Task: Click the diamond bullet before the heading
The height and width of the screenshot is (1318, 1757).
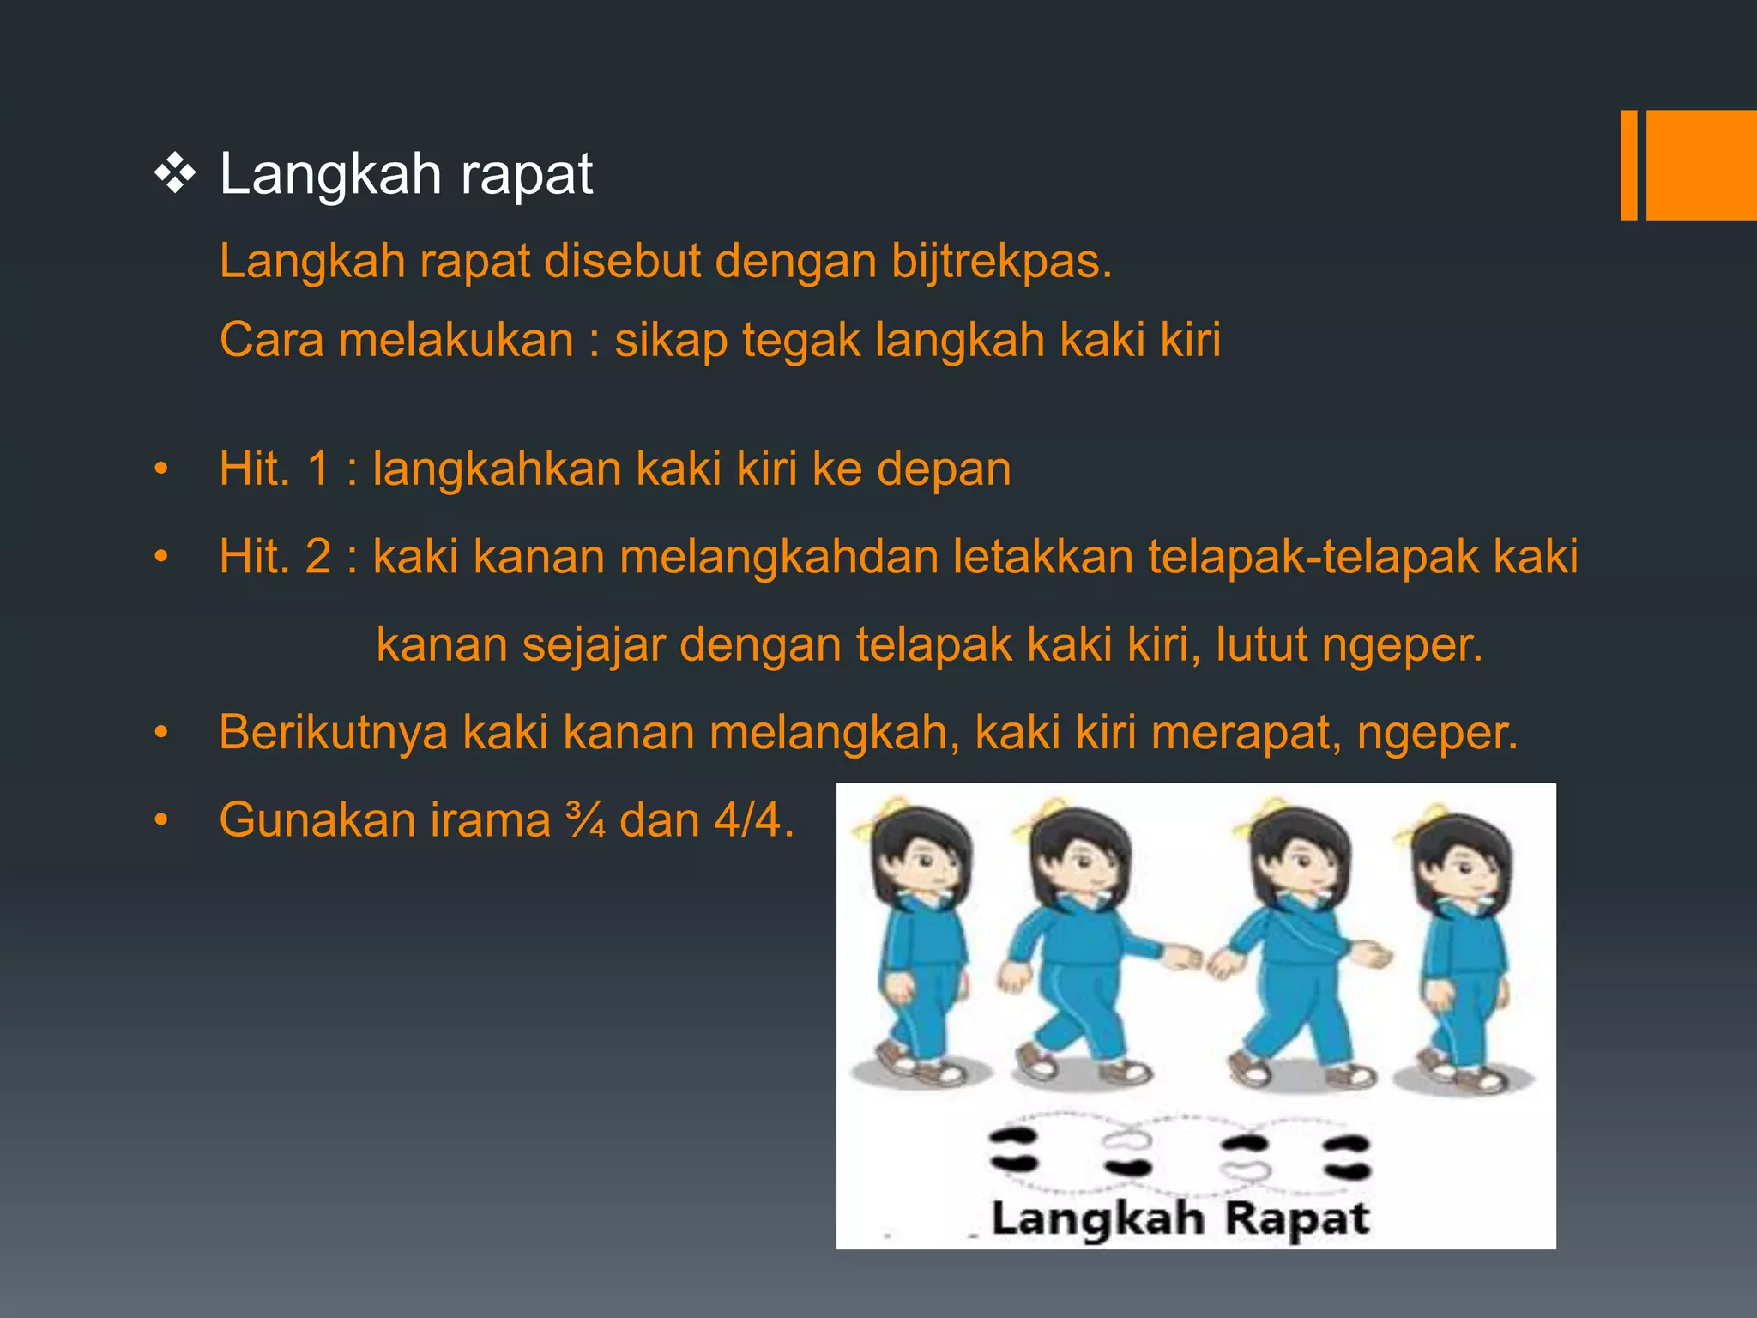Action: pos(175,175)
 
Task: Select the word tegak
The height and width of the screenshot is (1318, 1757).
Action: pos(801,340)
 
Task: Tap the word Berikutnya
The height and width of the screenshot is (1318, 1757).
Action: pos(334,733)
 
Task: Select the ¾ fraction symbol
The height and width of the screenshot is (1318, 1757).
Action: pos(587,820)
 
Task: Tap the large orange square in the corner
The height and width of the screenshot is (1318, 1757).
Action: pos(1701,165)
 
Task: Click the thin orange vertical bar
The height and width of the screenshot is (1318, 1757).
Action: pos(1628,165)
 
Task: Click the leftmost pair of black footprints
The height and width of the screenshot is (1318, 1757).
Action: pos(1013,1150)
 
